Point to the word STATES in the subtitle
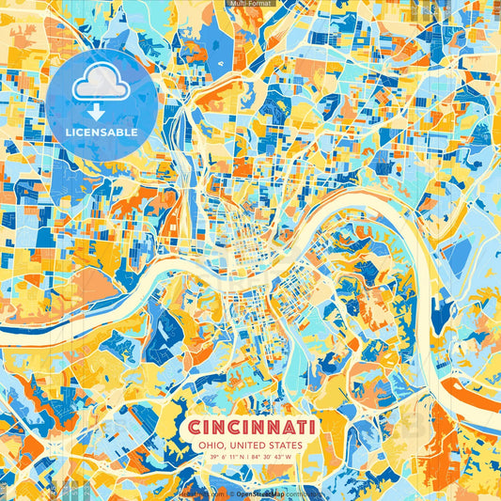click(x=288, y=445)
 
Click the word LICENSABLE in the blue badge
click(x=102, y=133)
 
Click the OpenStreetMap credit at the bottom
click(x=258, y=493)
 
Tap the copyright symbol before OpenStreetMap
click(x=231, y=493)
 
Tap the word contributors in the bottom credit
click(x=303, y=493)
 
